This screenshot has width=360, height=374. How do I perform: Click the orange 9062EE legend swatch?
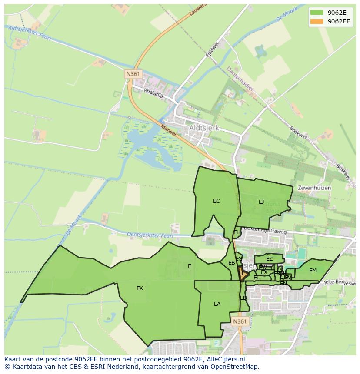pos(316,21)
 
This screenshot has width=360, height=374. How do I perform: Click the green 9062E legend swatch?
pos(316,12)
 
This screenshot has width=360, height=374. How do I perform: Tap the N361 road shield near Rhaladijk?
pos(133,74)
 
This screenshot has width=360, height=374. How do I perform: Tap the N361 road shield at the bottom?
pos(239,321)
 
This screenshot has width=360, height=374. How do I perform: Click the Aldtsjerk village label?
pos(204,129)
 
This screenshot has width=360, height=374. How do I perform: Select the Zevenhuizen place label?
pos(314,188)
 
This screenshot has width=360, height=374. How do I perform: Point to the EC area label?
pos(216,201)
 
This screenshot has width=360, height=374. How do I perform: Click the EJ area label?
pos(261,202)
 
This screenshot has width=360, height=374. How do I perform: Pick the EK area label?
pos(140,288)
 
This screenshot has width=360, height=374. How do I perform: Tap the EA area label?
pos(217,304)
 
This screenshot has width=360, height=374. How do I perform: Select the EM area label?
pos(313,271)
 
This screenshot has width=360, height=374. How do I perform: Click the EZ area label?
pos(269,259)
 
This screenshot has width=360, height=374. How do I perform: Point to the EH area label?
pos(237,232)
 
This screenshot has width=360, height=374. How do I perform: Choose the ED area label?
pos(243,298)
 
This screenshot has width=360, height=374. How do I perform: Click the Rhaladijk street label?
pos(153,93)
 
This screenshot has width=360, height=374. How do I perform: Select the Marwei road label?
pos(168,130)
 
